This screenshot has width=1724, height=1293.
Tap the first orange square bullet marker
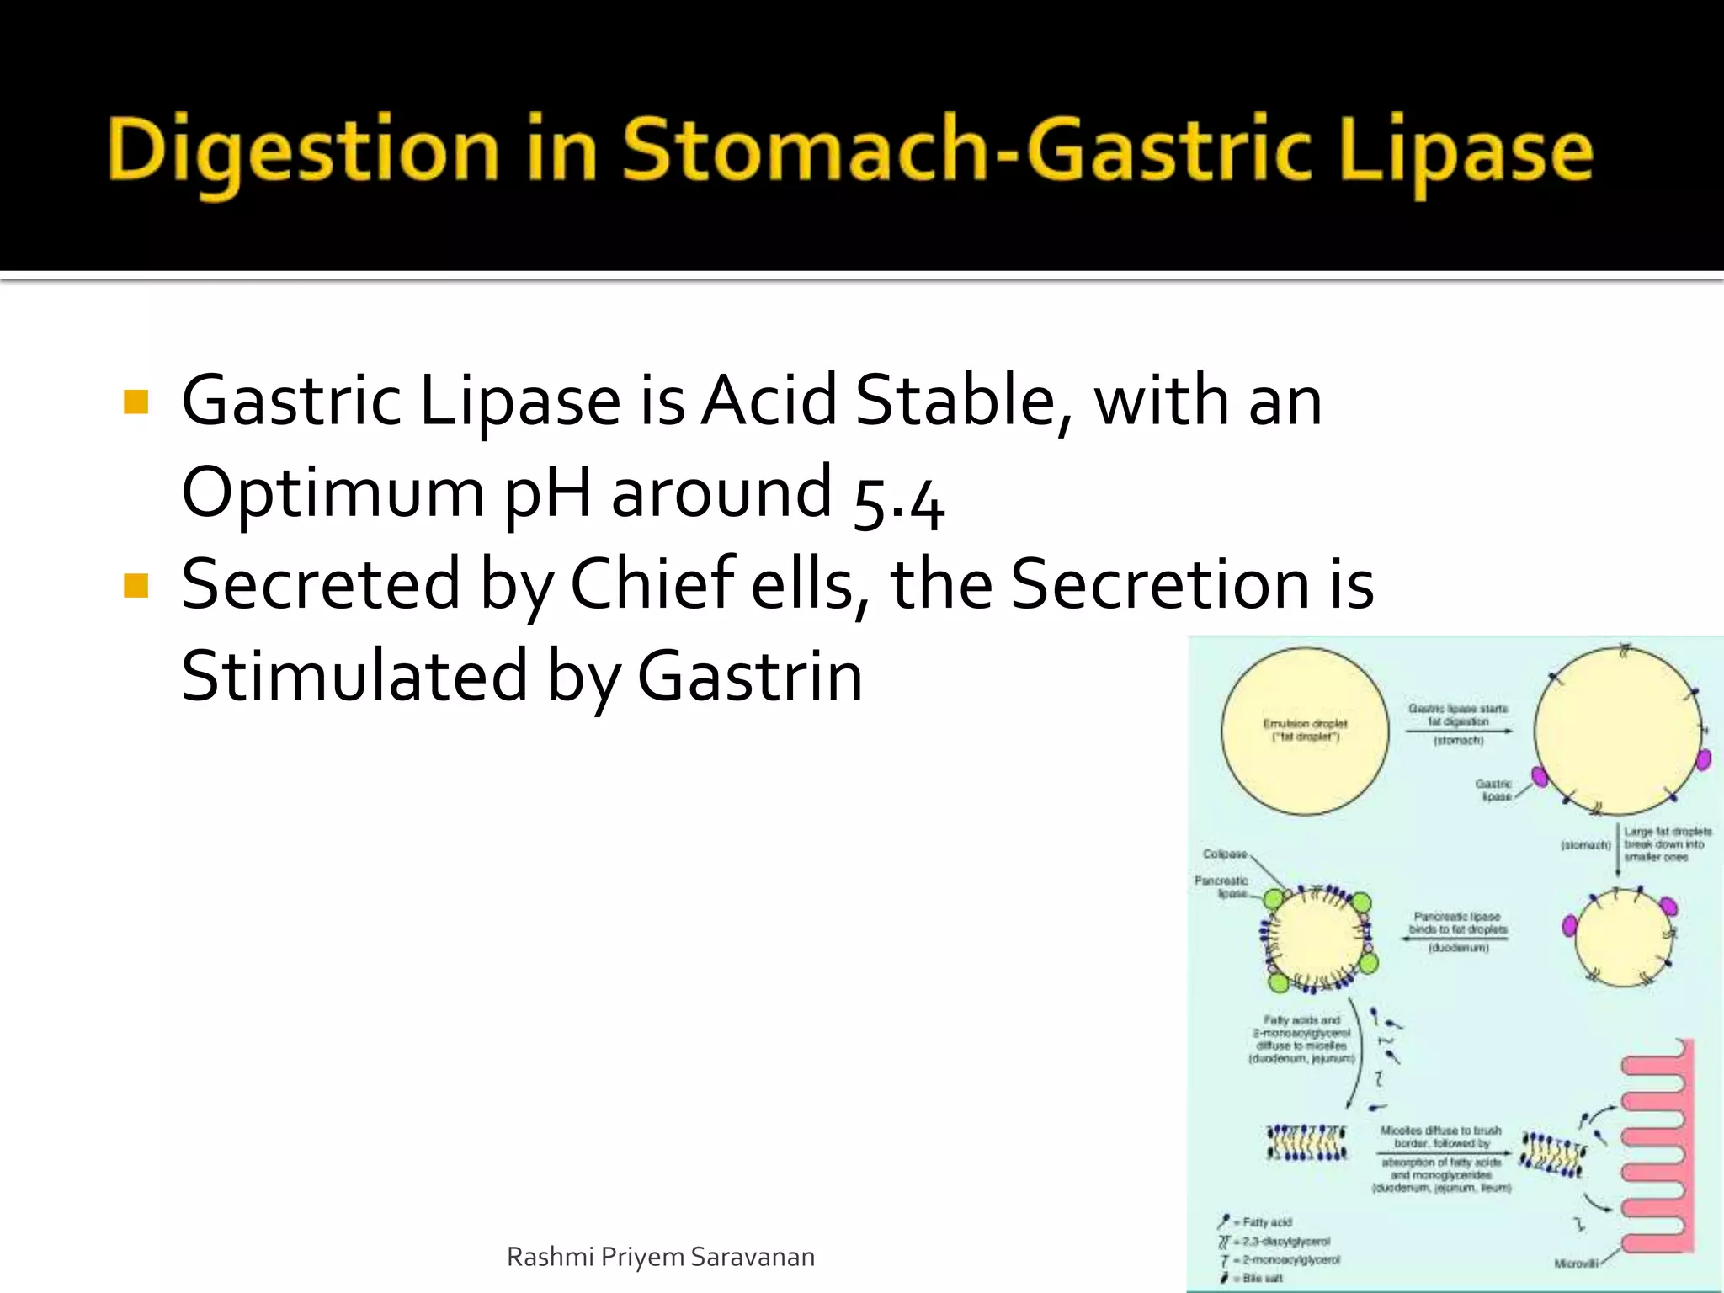click(136, 402)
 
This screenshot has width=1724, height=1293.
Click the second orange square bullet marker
click(136, 585)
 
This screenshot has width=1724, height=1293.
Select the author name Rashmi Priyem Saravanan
click(660, 1257)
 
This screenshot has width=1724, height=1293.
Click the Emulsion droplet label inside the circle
click(1305, 730)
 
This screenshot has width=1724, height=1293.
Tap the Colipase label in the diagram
click(1225, 854)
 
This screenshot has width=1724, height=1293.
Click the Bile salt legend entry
click(1262, 1278)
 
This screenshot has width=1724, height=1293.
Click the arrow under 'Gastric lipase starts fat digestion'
click(1458, 731)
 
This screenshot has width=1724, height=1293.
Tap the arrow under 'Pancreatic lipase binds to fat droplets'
click(1454, 939)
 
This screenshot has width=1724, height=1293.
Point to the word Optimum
click(333, 492)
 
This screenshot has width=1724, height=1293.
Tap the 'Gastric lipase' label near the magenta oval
click(1494, 790)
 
